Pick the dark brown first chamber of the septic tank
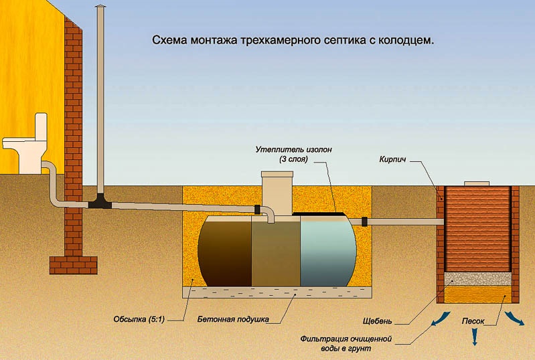click(224, 251)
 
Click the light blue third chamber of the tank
click(328, 251)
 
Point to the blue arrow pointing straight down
click(475, 339)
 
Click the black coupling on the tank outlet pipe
click(364, 221)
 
